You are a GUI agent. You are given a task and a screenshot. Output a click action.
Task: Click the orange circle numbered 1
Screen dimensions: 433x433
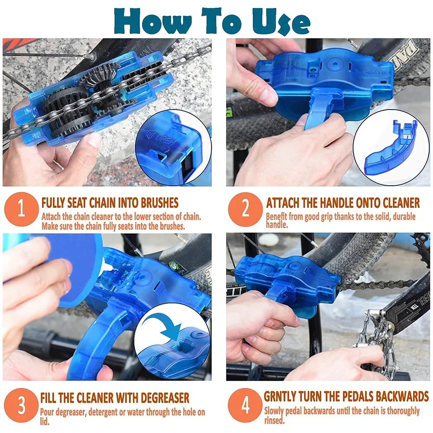(x=21, y=209)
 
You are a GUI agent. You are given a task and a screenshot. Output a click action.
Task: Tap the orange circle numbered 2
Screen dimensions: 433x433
(x=245, y=209)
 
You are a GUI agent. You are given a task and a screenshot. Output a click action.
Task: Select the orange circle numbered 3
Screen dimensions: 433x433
(x=21, y=405)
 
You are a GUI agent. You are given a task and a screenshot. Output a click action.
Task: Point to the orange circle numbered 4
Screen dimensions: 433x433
(x=245, y=405)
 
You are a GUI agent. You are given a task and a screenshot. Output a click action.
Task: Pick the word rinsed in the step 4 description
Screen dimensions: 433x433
(x=274, y=420)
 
